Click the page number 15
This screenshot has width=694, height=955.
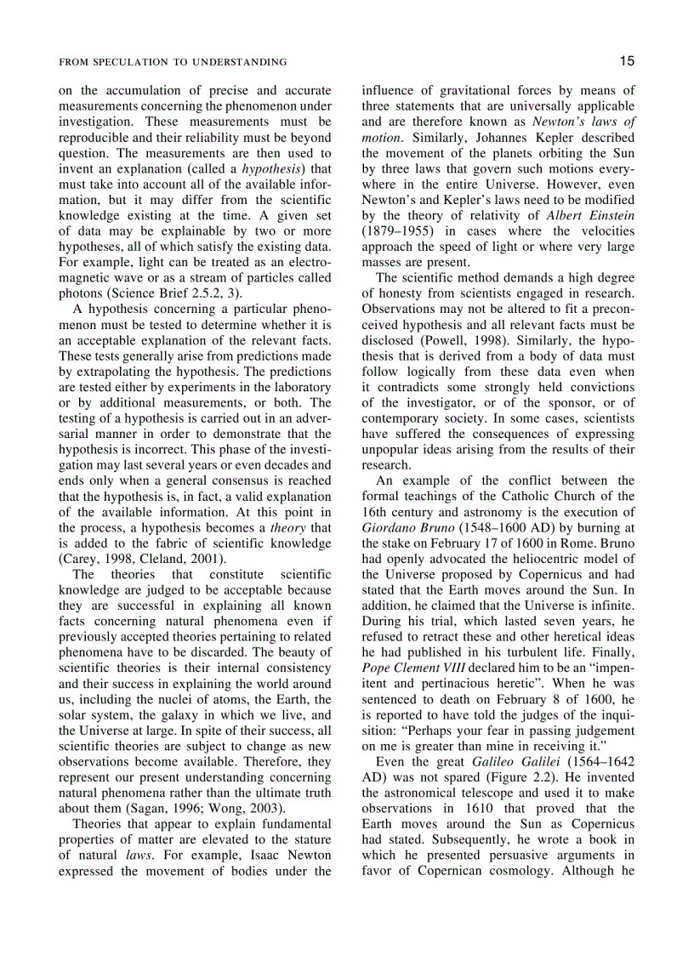pyautogui.click(x=627, y=60)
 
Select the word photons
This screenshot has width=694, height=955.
pyautogui.click(x=82, y=293)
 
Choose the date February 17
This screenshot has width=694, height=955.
pyautogui.click(x=475, y=543)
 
